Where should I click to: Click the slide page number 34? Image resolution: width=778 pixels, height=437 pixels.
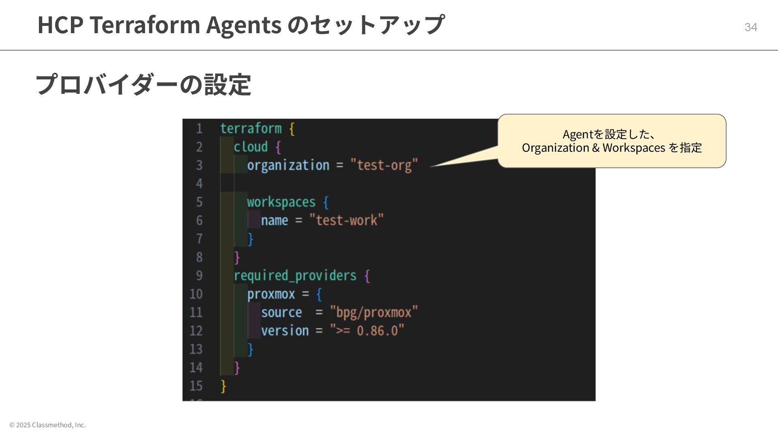click(x=750, y=27)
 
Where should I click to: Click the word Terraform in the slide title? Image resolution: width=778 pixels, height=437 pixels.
click(x=145, y=25)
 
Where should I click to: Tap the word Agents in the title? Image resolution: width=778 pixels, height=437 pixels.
click(x=244, y=25)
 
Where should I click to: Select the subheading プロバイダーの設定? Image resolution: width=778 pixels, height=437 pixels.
click(x=143, y=85)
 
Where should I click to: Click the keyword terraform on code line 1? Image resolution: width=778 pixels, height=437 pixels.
click(x=250, y=129)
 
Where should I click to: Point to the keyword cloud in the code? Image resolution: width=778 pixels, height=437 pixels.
click(x=250, y=147)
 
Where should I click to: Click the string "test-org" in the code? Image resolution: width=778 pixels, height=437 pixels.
click(x=384, y=165)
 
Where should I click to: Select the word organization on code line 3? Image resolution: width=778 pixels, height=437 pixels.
click(x=288, y=165)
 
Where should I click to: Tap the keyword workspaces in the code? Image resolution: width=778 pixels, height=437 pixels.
click(x=281, y=202)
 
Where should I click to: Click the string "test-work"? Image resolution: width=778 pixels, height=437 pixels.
click(x=346, y=221)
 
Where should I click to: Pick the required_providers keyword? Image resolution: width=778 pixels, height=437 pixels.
click(x=295, y=276)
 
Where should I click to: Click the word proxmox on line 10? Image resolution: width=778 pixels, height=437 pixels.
click(x=271, y=294)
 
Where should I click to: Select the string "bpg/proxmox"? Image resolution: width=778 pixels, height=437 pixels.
click(x=374, y=312)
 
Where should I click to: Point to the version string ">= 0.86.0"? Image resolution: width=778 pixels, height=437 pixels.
click(x=367, y=331)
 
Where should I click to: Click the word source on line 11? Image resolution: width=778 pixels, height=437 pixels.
click(x=281, y=312)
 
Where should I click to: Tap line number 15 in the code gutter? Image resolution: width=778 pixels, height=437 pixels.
click(x=196, y=386)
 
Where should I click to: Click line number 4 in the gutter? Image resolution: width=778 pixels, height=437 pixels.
click(x=199, y=184)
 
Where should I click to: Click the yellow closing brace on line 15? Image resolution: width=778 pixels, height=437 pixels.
click(x=223, y=386)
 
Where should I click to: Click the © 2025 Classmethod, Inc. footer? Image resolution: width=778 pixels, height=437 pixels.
click(x=47, y=425)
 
